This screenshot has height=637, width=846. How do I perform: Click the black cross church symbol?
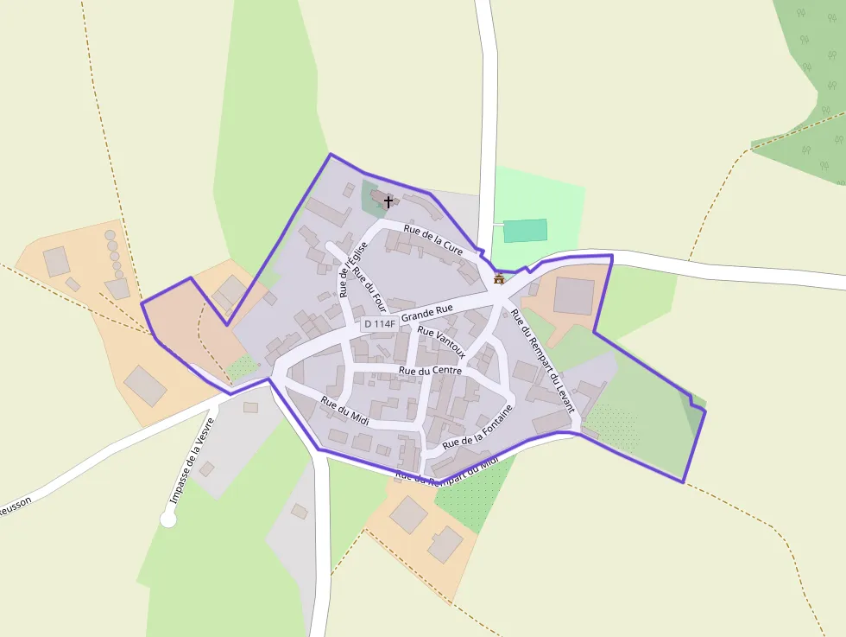point(388,201)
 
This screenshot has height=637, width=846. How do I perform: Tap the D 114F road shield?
point(379,324)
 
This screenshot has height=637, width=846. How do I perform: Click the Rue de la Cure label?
point(432,239)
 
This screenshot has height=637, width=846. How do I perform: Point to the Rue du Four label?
point(369,291)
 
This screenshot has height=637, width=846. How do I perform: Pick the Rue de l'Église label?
point(354,269)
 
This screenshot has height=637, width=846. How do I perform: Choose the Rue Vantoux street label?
point(441,341)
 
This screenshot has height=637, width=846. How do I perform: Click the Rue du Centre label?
point(430,370)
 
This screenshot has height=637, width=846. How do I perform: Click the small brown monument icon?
point(499,278)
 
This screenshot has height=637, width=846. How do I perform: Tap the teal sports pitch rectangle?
point(525,231)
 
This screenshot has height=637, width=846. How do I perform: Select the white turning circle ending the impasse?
point(168,519)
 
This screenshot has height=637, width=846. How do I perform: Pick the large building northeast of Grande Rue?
point(573,296)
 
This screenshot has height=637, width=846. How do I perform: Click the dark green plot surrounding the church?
point(370,201)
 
